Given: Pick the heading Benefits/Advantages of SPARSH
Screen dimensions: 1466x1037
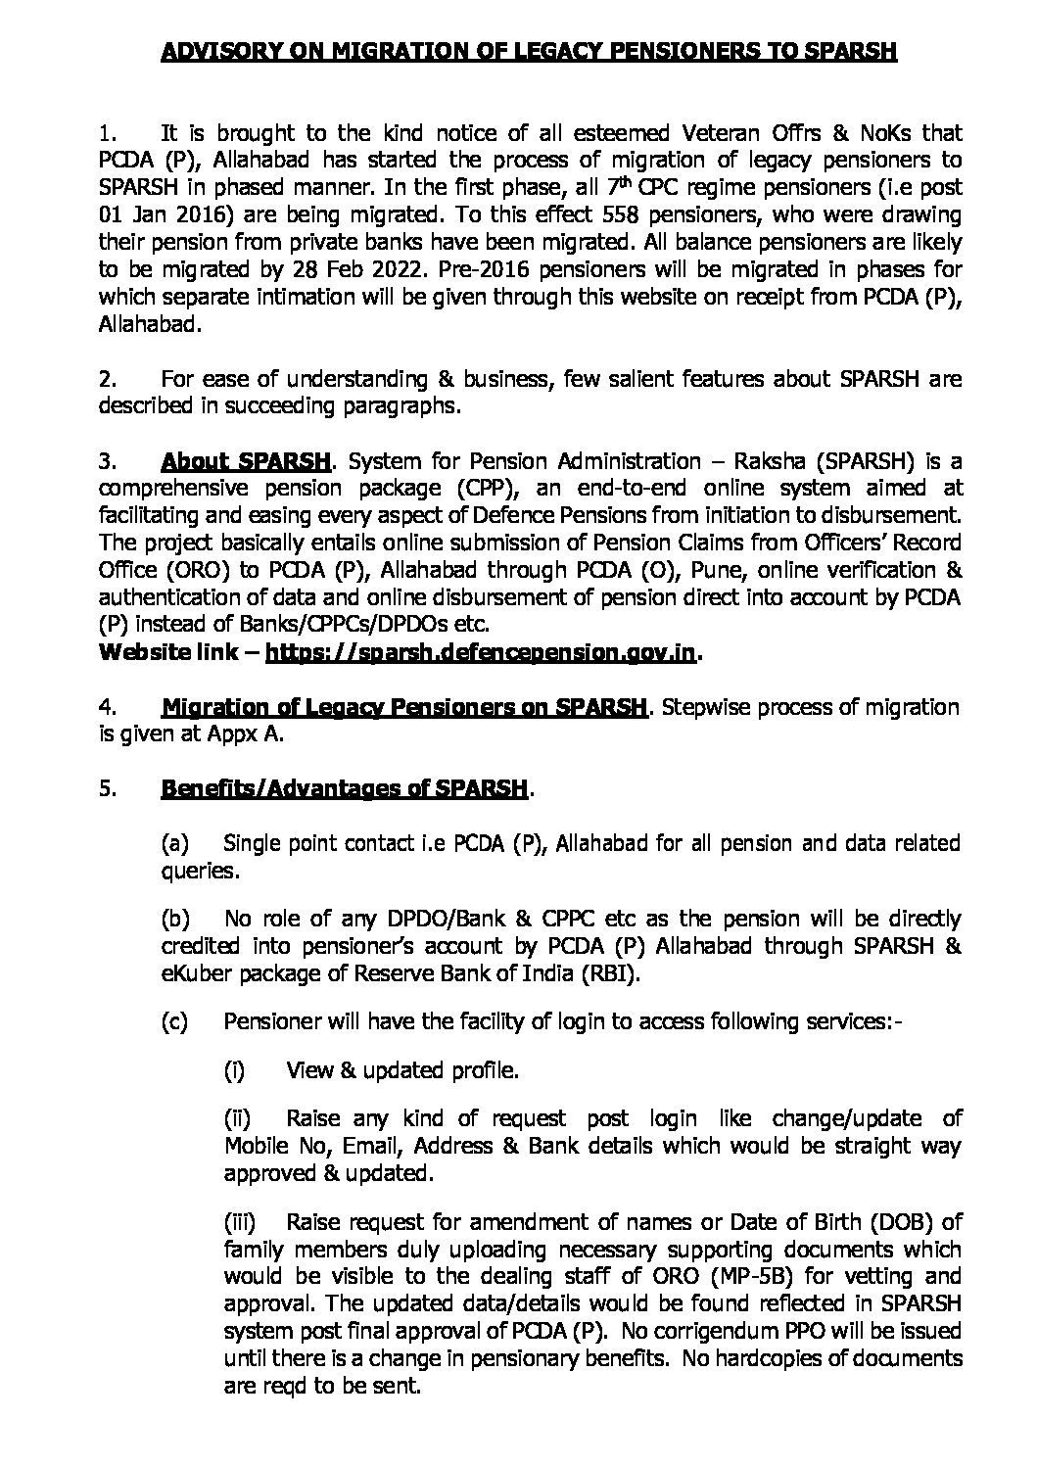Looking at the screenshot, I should (344, 789).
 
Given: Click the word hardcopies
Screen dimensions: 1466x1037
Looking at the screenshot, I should (739, 1359).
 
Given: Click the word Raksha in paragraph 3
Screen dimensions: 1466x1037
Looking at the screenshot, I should (762, 460).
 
